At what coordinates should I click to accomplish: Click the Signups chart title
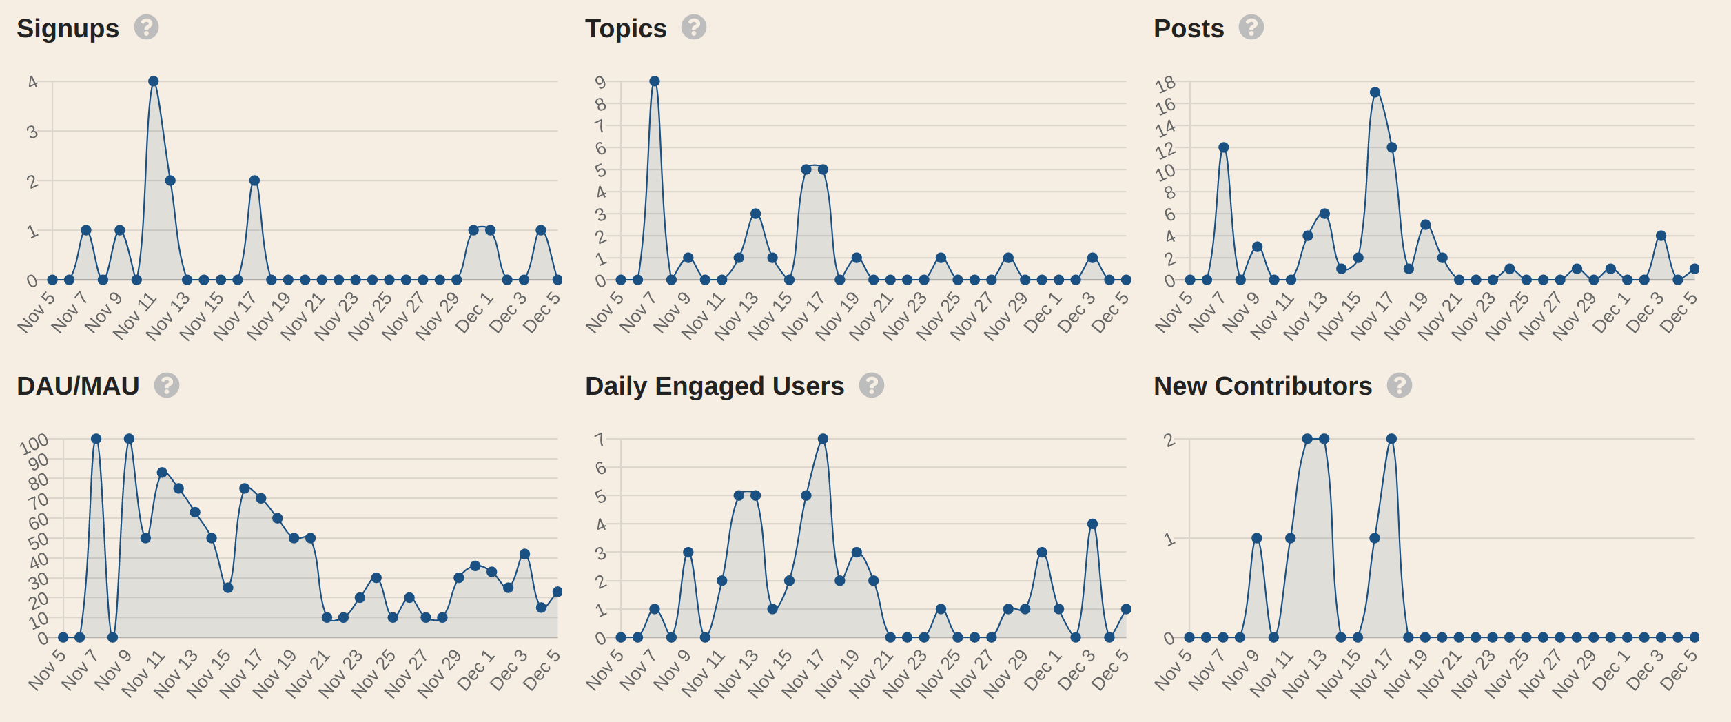coord(68,29)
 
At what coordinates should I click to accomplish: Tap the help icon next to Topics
coord(694,28)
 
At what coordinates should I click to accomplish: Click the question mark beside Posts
coord(1251,28)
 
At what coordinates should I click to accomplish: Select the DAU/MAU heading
coord(78,386)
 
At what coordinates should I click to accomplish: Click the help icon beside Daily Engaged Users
coord(871,385)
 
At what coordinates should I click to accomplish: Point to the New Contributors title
coord(1262,386)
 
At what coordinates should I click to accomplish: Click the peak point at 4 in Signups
coord(154,81)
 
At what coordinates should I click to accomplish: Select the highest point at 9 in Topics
coord(655,81)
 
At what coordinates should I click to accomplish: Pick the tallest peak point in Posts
coord(1375,92)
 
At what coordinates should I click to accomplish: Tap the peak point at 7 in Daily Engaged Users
coord(823,439)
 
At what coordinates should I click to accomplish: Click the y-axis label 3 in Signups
coord(32,132)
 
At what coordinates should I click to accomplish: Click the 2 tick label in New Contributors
coord(1169,440)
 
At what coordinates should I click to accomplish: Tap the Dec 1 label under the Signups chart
coord(475,313)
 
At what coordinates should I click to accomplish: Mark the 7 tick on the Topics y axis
coord(600,126)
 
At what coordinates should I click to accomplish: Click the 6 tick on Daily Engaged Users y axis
coord(601,468)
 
